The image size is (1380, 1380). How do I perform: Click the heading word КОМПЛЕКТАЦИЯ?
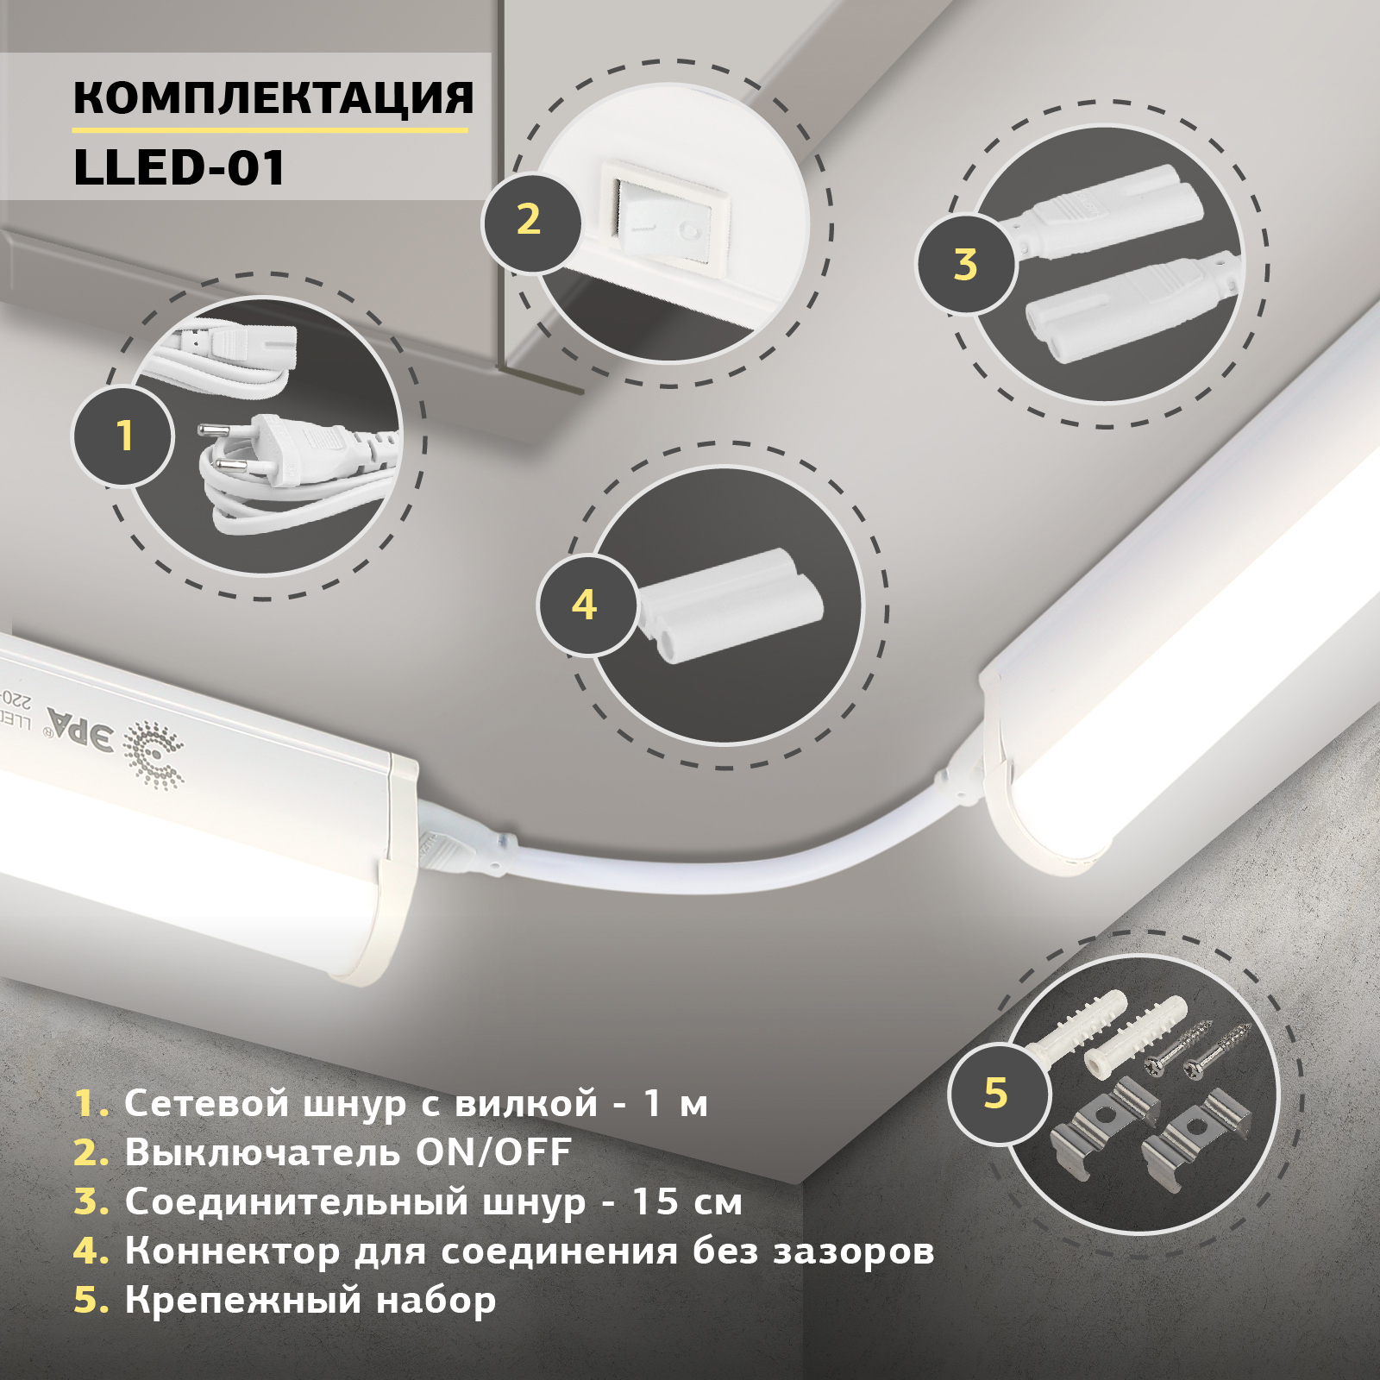pos(273,97)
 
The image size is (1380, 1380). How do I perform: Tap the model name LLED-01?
pos(179,167)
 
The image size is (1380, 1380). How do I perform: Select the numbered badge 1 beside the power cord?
pos(124,436)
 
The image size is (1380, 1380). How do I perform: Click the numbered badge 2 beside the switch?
pos(529,220)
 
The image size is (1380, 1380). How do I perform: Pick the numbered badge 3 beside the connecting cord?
pos(965,264)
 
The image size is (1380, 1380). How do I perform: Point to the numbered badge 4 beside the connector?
pos(585,605)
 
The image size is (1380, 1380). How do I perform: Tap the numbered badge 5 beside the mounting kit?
pos(996,1093)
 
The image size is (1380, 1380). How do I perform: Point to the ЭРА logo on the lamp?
pos(80,729)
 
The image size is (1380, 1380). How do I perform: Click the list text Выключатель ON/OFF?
pos(348,1152)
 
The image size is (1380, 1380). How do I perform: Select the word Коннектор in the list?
pos(233,1251)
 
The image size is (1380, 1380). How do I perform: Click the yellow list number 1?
pos(90,1103)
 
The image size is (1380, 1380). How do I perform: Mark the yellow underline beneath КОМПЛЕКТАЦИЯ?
pos(269,130)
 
